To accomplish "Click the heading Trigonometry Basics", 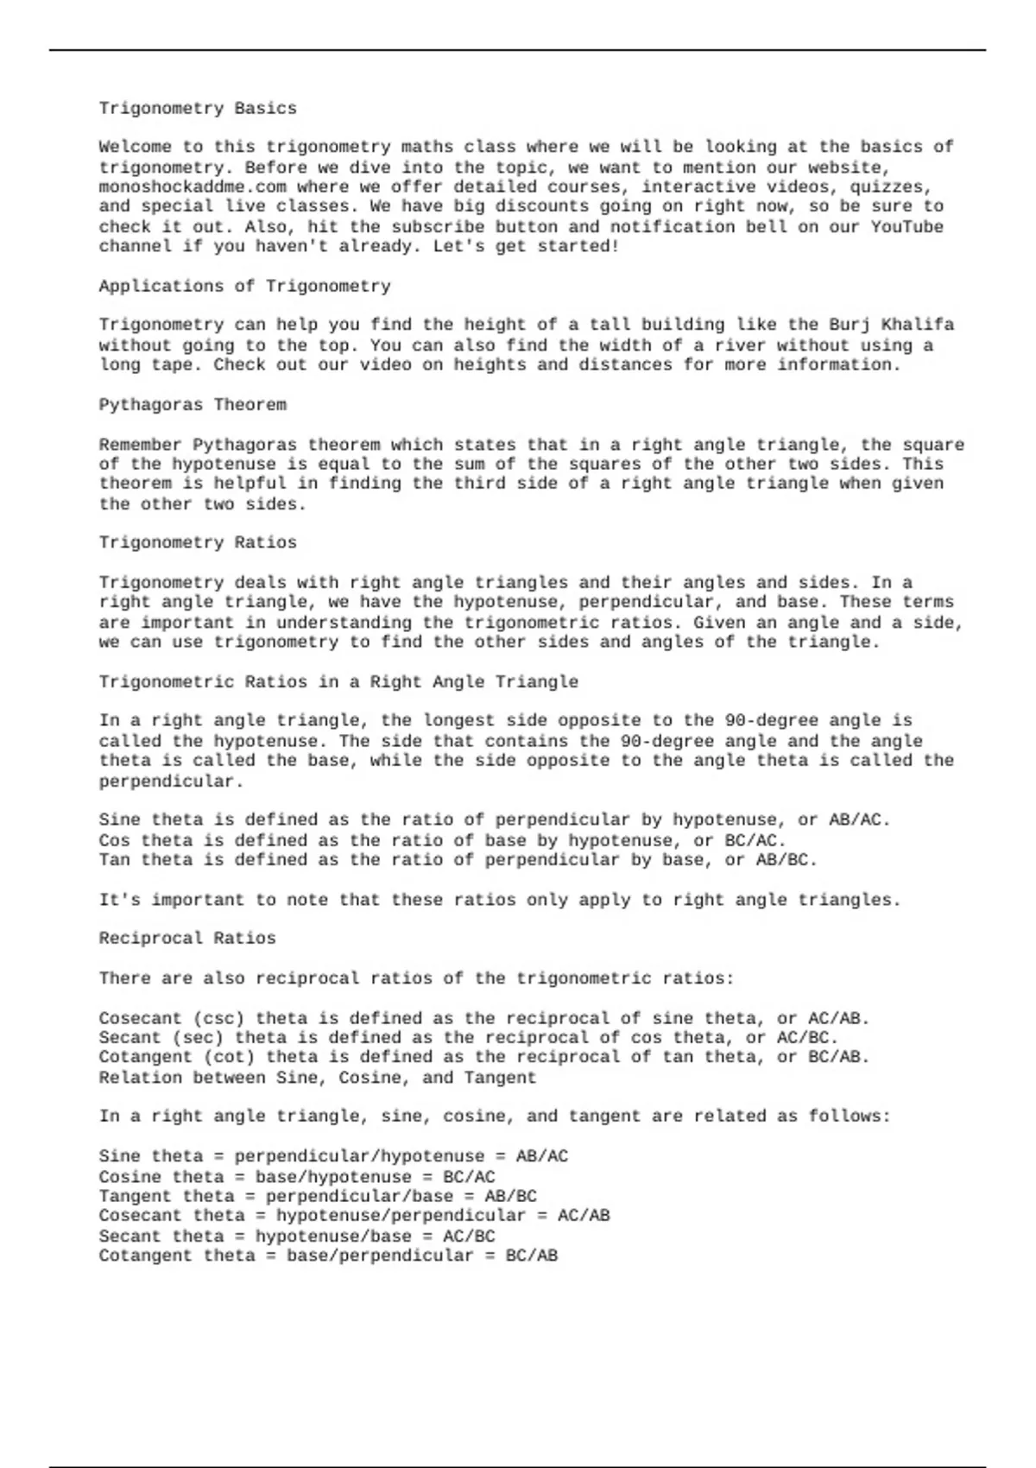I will pyautogui.click(x=198, y=109).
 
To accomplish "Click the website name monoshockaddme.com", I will pyautogui.click(x=193, y=187).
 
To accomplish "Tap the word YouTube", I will pyautogui.click(x=906, y=227).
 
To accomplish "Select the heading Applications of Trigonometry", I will pyautogui.click(x=244, y=287).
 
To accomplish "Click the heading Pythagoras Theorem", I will pyautogui.click(x=193, y=405).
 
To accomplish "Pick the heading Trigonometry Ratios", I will pyautogui.click(x=198, y=543).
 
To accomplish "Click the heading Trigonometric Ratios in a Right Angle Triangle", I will pyautogui.click(x=338, y=682).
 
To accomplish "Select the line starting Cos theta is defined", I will pyautogui.click(x=442, y=841).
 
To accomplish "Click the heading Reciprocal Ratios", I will pyautogui.click(x=187, y=939).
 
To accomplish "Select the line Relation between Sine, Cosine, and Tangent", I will pyautogui.click(x=318, y=1078).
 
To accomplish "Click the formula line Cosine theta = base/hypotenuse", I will pyautogui.click(x=297, y=1177).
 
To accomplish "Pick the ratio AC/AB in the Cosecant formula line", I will pyautogui.click(x=584, y=1216).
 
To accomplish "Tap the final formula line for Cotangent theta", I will pyautogui.click(x=328, y=1256).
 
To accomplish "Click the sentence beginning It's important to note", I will pyautogui.click(x=499, y=901).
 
